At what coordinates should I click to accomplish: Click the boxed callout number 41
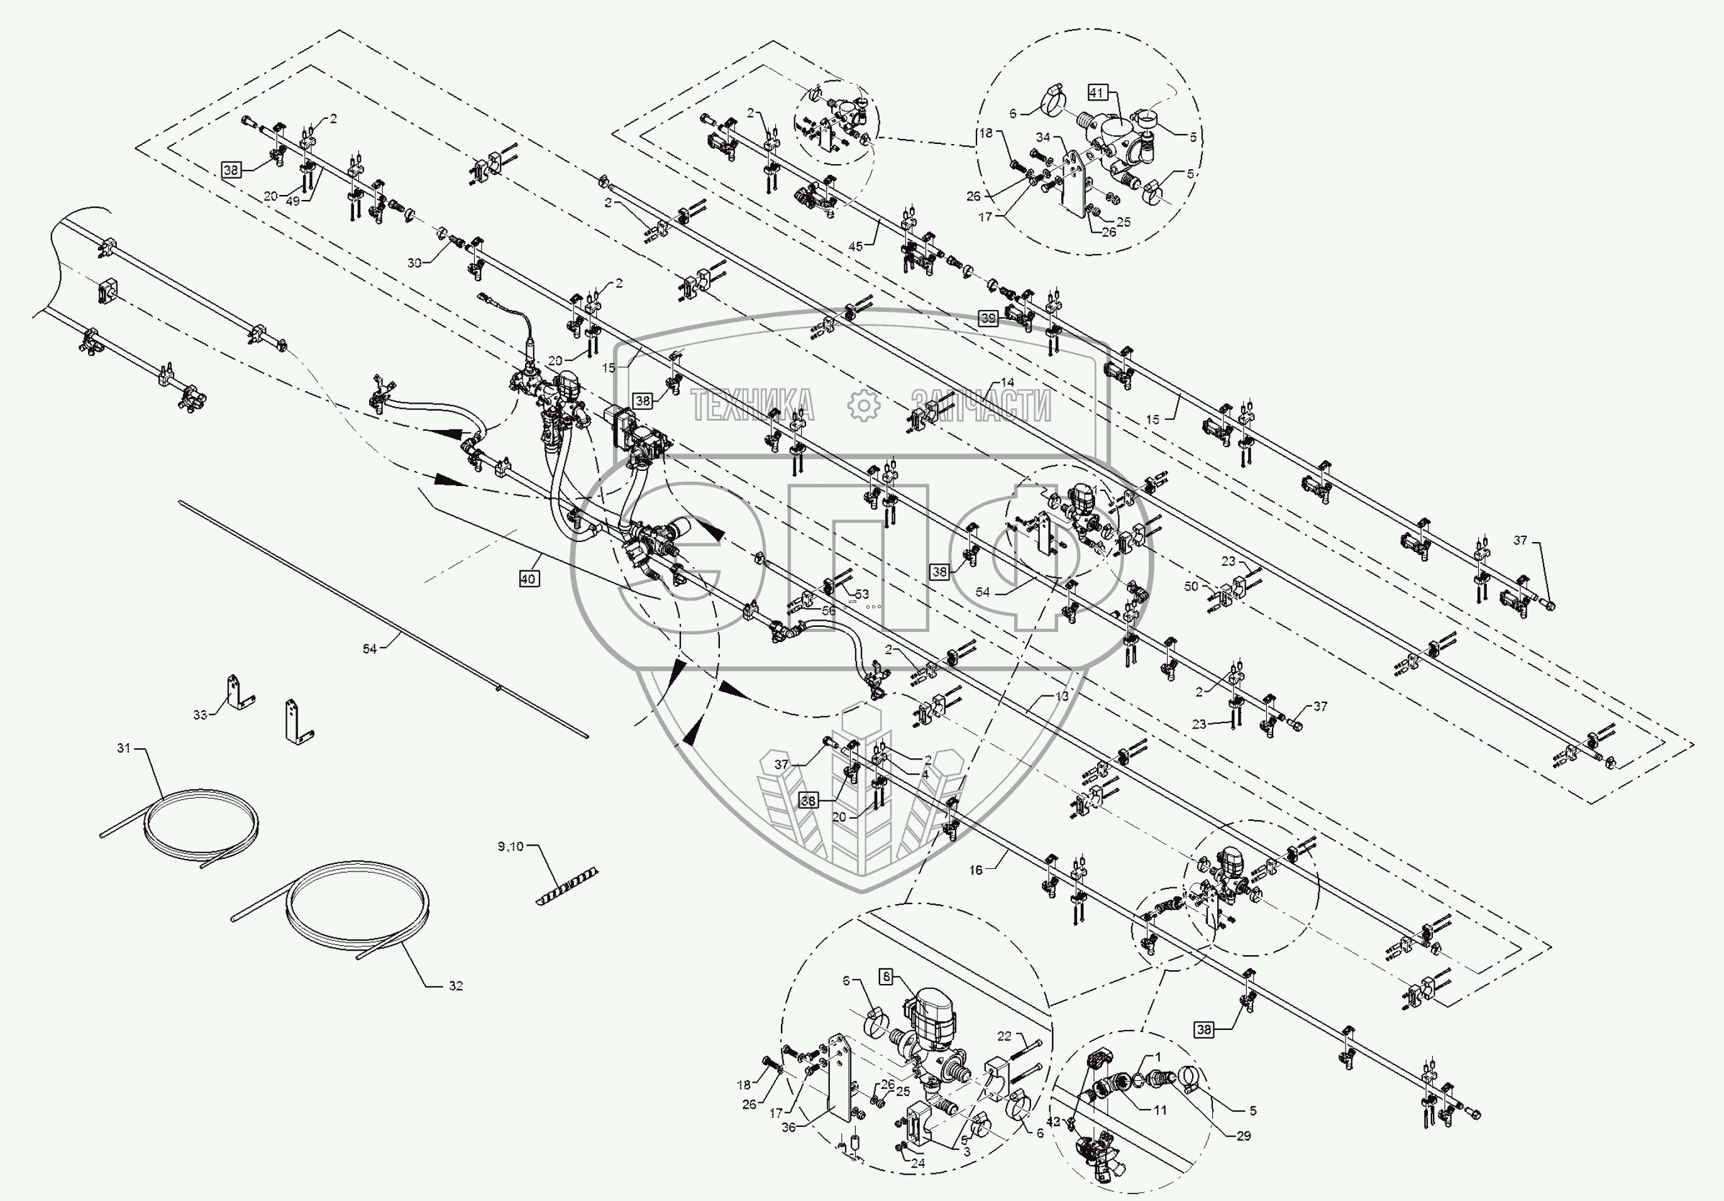click(1097, 92)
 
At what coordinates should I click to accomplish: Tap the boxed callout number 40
click(529, 579)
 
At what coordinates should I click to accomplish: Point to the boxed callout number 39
click(988, 318)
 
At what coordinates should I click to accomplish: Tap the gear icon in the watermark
click(863, 406)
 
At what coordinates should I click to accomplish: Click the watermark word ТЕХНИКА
click(751, 406)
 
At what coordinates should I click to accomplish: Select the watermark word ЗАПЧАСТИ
click(980, 406)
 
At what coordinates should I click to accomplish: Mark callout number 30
click(414, 263)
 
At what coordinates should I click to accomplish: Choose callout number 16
click(975, 870)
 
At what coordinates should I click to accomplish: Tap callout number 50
click(1191, 586)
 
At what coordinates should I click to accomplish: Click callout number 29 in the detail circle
click(1244, 1136)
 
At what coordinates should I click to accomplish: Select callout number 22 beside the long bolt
click(1005, 1036)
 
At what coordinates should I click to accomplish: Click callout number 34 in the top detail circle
click(1043, 138)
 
